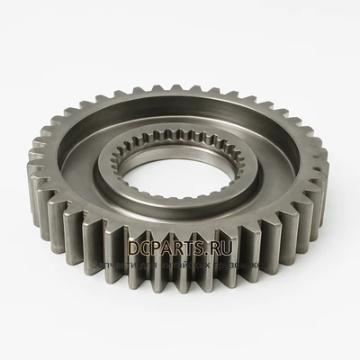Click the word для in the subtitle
[x=149, y=265]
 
